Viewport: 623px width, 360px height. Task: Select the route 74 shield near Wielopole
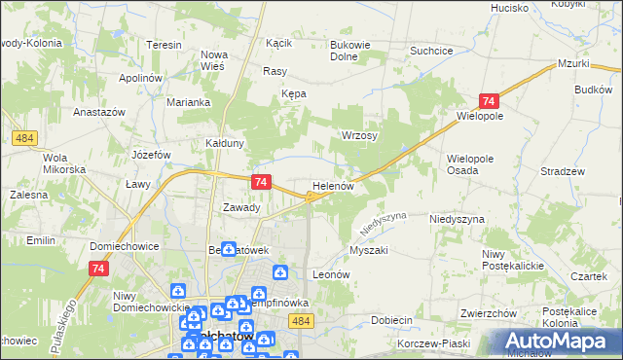(489, 101)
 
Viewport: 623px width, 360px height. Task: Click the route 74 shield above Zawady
(260, 182)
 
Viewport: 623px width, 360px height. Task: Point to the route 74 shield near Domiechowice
(97, 269)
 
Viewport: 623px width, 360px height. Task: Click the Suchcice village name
(432, 50)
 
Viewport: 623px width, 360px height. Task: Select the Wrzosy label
(357, 135)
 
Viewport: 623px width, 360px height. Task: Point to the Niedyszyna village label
(457, 220)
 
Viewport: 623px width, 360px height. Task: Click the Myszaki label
(368, 250)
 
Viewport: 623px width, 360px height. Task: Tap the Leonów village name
(330, 275)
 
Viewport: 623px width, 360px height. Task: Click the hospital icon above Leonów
(280, 272)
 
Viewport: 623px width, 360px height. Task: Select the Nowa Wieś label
(213, 60)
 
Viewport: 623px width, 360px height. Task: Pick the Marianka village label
(188, 102)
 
